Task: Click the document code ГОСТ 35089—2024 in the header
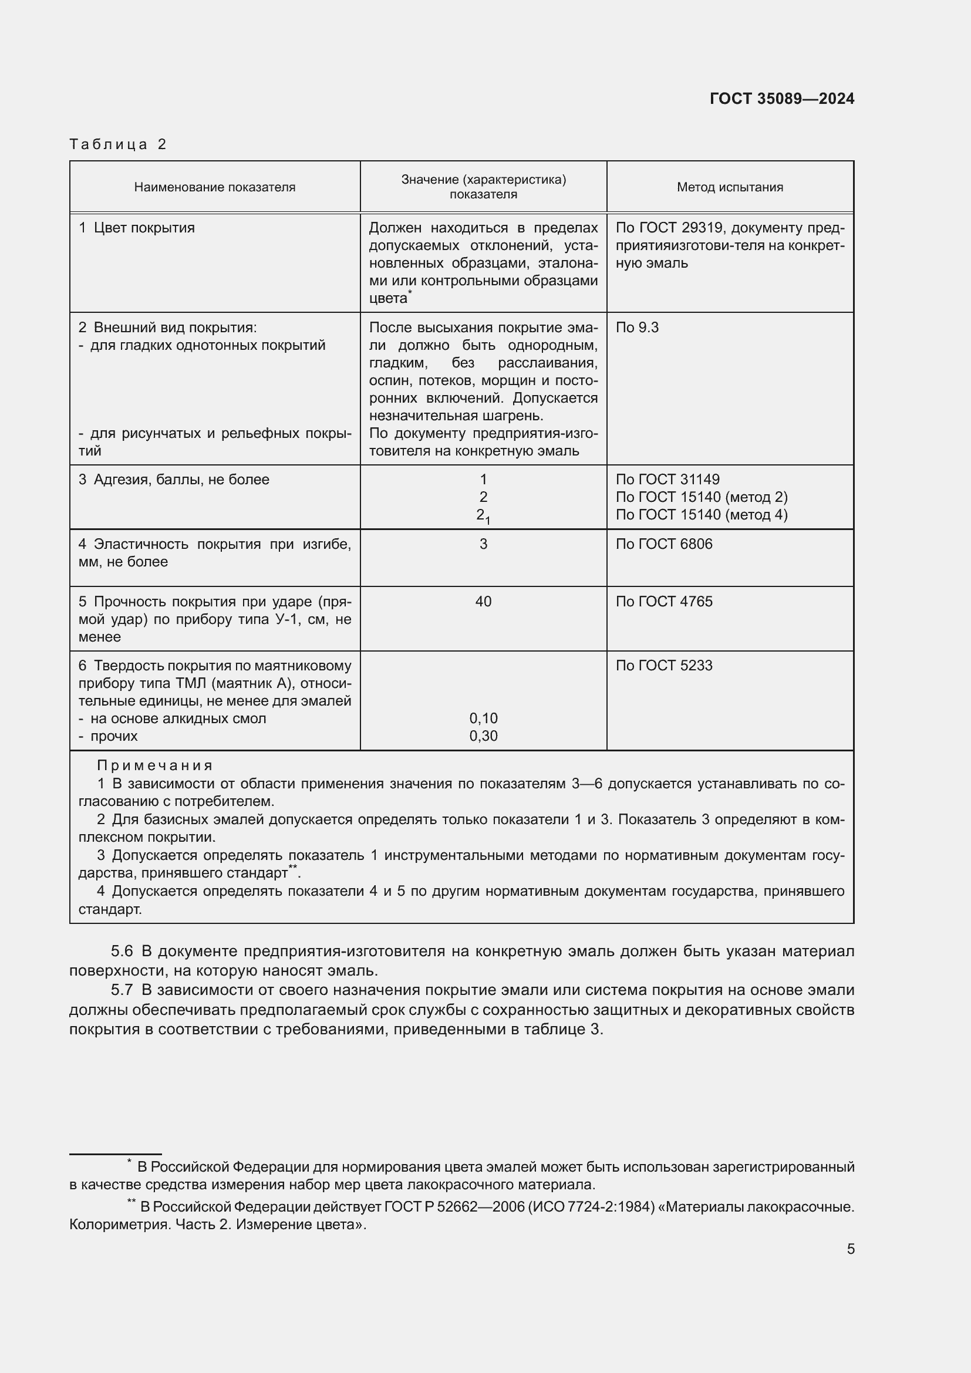(x=781, y=99)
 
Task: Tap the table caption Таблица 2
(x=118, y=144)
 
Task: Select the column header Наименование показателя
(x=215, y=187)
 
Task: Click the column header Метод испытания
(x=730, y=187)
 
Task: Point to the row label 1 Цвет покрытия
(x=137, y=228)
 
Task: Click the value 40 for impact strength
(x=483, y=602)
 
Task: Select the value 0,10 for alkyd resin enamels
(x=483, y=718)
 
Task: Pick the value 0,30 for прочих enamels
(x=483, y=736)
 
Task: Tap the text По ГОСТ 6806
(x=664, y=544)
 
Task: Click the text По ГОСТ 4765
(x=664, y=602)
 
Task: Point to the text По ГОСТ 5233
(x=664, y=666)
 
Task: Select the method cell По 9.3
(x=637, y=328)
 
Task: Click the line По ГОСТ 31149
(x=667, y=480)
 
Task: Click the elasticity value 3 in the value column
(x=483, y=544)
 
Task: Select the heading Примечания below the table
(x=155, y=765)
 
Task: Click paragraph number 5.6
(x=122, y=952)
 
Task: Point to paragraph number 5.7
(x=122, y=990)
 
